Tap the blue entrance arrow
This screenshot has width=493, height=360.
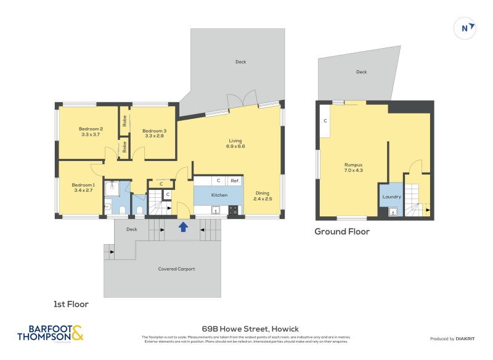pyautogui.click(x=183, y=227)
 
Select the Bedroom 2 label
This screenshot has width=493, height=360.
pyautogui.click(x=91, y=132)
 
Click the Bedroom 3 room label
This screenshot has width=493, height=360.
pyautogui.click(x=155, y=134)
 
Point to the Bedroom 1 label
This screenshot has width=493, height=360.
pyautogui.click(x=83, y=187)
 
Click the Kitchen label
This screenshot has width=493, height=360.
pyautogui.click(x=219, y=195)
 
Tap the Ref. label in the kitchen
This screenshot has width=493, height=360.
pyautogui.click(x=235, y=181)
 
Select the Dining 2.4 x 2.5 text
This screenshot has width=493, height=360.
pyautogui.click(x=263, y=196)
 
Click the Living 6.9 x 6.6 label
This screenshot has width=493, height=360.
pyautogui.click(x=236, y=143)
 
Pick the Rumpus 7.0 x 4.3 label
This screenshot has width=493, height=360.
pyautogui.click(x=353, y=167)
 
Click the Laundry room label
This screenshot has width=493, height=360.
pyautogui.click(x=392, y=197)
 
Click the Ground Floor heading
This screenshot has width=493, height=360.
pyautogui.click(x=342, y=232)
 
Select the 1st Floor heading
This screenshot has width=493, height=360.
pyautogui.click(x=71, y=304)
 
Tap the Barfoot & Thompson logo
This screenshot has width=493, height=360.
pyautogui.click(x=50, y=333)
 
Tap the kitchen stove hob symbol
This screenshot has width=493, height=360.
pyautogui.click(x=234, y=210)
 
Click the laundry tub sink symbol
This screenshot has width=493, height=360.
pyautogui.click(x=393, y=212)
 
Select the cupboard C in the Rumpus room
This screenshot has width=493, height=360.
pyautogui.click(x=325, y=121)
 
